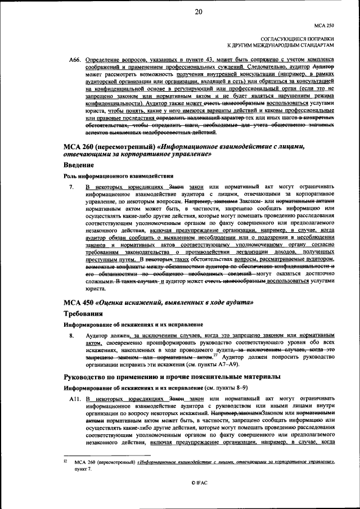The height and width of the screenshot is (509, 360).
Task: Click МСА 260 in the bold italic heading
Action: [82, 147]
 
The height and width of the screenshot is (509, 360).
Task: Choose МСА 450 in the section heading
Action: [82, 303]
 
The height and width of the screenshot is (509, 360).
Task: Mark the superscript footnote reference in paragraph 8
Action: [215, 354]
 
